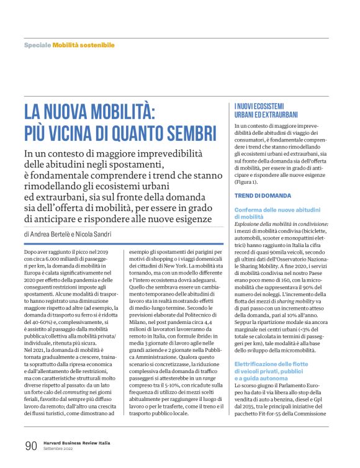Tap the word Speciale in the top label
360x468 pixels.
click(37, 46)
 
